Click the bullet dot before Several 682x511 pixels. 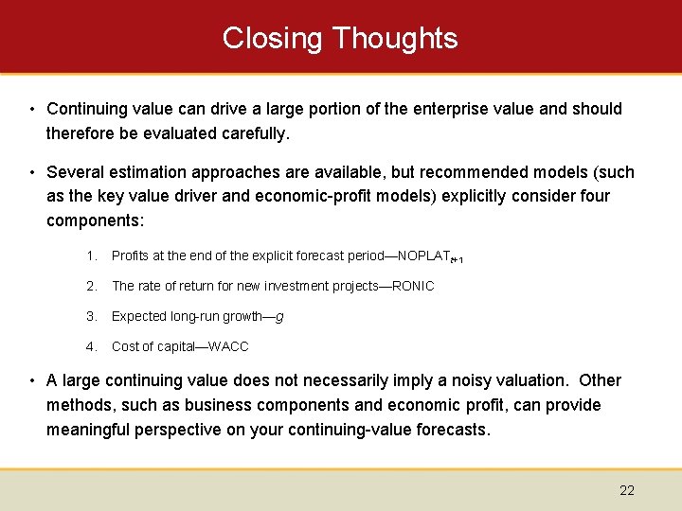pyautogui.click(x=32, y=172)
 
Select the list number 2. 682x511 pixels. pyautogui.click(x=91, y=286)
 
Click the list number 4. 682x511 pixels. pyautogui.click(x=91, y=346)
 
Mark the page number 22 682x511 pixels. pyautogui.click(x=627, y=490)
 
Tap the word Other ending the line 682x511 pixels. pyautogui.click(x=600, y=380)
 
